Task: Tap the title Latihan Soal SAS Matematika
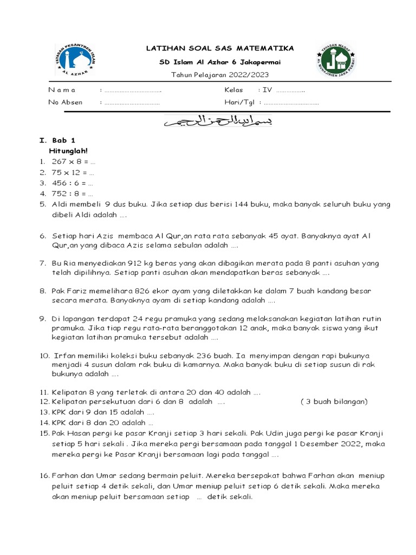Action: coord(220,49)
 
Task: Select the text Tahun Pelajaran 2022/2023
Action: coord(219,75)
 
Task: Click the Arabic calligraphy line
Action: coord(219,122)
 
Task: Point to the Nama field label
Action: coord(62,90)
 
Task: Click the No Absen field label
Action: coord(64,102)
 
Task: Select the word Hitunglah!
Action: coord(68,151)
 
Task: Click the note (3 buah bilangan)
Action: coord(334,402)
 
